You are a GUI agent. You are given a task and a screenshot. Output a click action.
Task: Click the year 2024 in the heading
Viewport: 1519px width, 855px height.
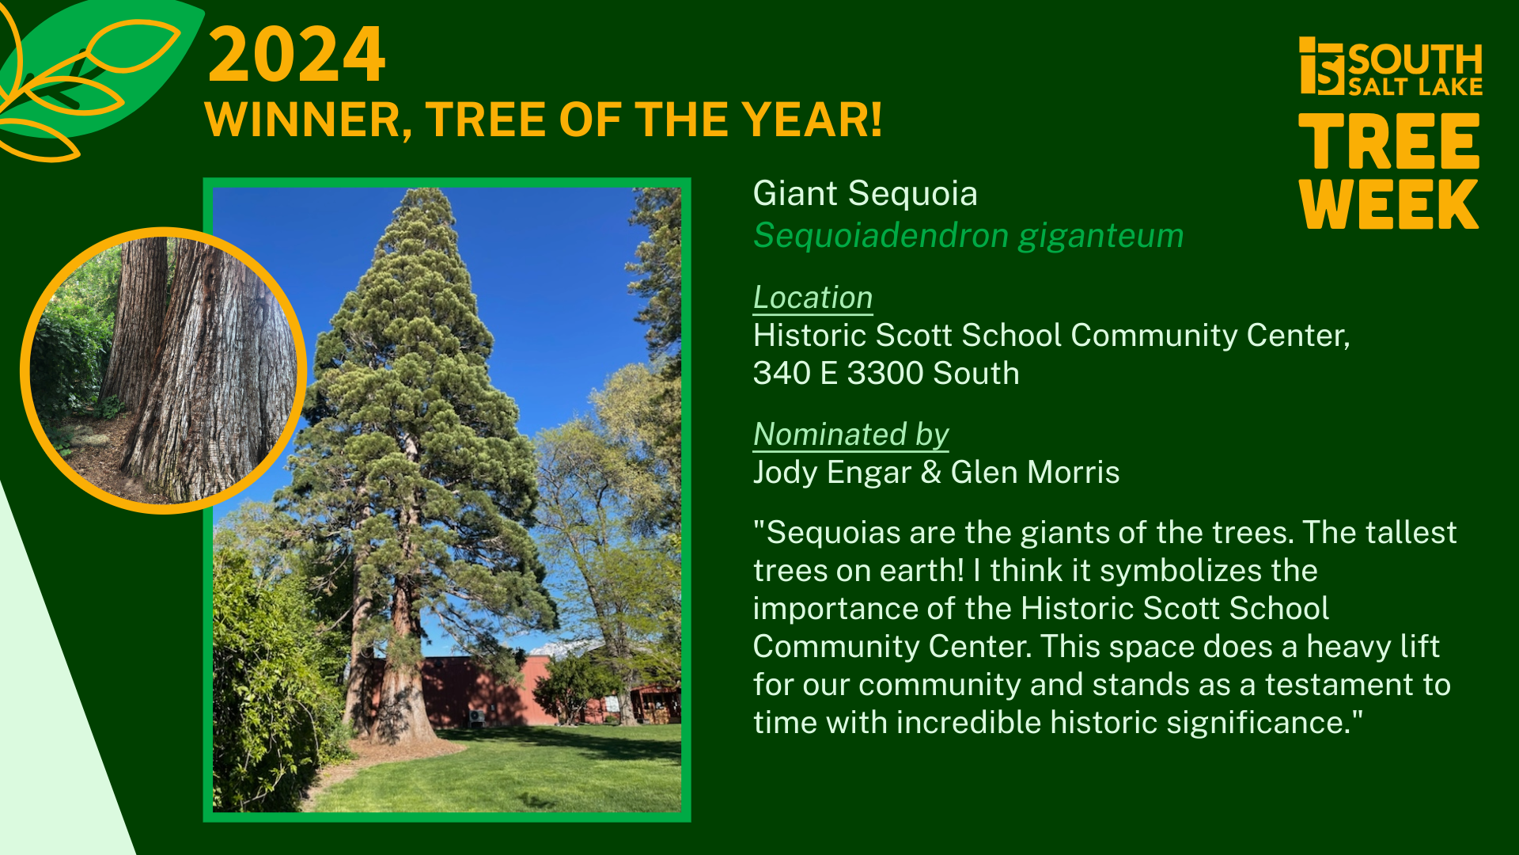tap(297, 55)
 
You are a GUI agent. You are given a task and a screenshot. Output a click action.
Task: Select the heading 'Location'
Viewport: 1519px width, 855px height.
tap(813, 298)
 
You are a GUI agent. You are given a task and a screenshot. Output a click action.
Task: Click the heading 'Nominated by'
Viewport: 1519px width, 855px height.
tap(850, 435)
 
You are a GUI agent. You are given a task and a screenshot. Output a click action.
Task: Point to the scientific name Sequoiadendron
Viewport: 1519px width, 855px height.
tap(881, 236)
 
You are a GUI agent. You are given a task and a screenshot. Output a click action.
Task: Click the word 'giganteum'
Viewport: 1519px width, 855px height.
tap(1100, 236)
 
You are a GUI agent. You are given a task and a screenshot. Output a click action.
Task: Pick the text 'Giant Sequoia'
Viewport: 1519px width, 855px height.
tap(865, 194)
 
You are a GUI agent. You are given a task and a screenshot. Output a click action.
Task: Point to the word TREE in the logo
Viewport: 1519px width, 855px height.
tap(1388, 142)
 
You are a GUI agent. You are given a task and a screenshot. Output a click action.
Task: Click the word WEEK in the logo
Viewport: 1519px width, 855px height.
tap(1388, 204)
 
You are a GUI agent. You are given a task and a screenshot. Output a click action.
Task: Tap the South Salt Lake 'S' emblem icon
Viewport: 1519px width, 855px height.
tap(1321, 66)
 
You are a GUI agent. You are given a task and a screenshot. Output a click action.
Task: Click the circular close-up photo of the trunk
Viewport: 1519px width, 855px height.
tap(164, 370)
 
